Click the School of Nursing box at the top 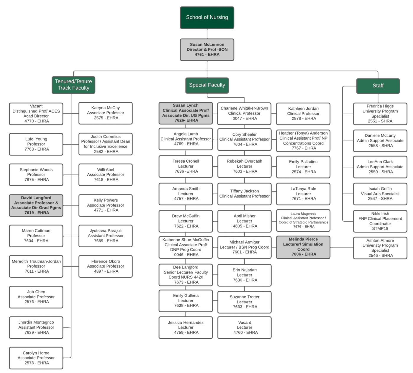tap(207, 18)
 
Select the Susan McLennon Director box tap(207, 50)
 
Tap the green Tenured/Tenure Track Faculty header tap(73, 85)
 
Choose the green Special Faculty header tap(207, 85)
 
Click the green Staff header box tap(378, 86)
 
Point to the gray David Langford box tap(36, 205)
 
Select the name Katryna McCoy tap(105, 108)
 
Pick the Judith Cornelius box tap(105, 144)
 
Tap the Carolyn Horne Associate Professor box tap(36, 358)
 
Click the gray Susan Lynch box tap(186, 113)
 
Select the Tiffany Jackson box tap(244, 194)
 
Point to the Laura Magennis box tap(303, 220)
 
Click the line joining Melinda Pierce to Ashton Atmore tap(342, 247)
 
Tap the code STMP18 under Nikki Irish tap(380, 228)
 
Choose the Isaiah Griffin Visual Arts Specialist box tap(380, 194)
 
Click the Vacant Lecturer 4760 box tap(244, 328)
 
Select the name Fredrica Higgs tap(380, 106)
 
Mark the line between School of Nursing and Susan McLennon tap(207, 34)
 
